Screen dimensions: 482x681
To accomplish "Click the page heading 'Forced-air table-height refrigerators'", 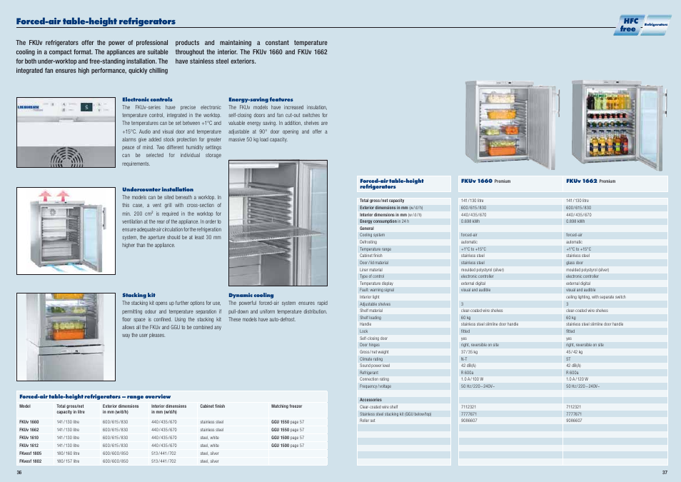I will pyautogui.click(x=96, y=21).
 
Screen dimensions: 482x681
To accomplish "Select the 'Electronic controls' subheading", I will pyautogui.click(x=147, y=99).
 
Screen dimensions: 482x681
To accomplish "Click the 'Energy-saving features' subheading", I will pyautogui.click(x=261, y=99).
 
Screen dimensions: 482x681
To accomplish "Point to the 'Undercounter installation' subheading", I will pyautogui.click(x=158, y=189).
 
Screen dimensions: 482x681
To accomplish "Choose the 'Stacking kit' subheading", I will pyautogui.click(x=138, y=295).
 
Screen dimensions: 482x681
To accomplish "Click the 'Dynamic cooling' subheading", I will pyautogui.click(x=251, y=295).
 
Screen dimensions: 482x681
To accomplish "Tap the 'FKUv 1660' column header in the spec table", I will pyautogui.click(x=477, y=181).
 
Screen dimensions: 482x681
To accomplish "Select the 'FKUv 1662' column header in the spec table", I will pyautogui.click(x=581, y=181).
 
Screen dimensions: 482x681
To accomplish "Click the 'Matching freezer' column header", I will pyautogui.click(x=287, y=406).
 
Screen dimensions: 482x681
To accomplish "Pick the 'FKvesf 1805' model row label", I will pyautogui.click(x=31, y=453).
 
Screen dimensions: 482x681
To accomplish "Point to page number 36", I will pyautogui.click(x=20, y=472).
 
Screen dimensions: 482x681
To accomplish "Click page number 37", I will pyautogui.click(x=664, y=472).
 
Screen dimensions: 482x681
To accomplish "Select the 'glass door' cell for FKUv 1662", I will pyautogui.click(x=575, y=262).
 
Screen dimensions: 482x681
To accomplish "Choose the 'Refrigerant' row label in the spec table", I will pyautogui.click(x=370, y=372).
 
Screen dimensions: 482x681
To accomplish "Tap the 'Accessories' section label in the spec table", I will pyautogui.click(x=371, y=400).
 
